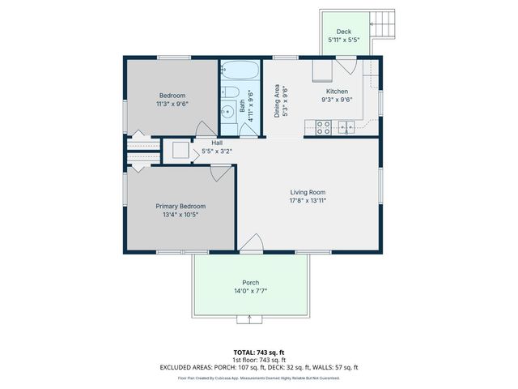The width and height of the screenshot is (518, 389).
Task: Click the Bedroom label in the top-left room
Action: coord(171,96)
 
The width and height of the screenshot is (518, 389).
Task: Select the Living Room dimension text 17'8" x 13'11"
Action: coord(308,200)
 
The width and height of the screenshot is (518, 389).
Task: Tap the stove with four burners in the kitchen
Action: coord(322,127)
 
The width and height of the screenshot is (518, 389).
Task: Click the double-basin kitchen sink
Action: coord(346,126)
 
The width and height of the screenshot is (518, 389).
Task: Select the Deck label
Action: coord(344,31)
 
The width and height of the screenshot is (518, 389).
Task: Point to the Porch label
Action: coord(252,283)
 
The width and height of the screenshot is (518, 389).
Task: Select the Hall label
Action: coord(217,143)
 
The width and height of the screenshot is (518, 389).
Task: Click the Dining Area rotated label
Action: coord(277,101)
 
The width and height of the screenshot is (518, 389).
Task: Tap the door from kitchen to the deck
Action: coord(346,66)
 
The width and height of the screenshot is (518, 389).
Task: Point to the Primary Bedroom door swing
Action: coord(219,173)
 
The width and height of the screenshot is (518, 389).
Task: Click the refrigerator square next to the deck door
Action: coord(320,71)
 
